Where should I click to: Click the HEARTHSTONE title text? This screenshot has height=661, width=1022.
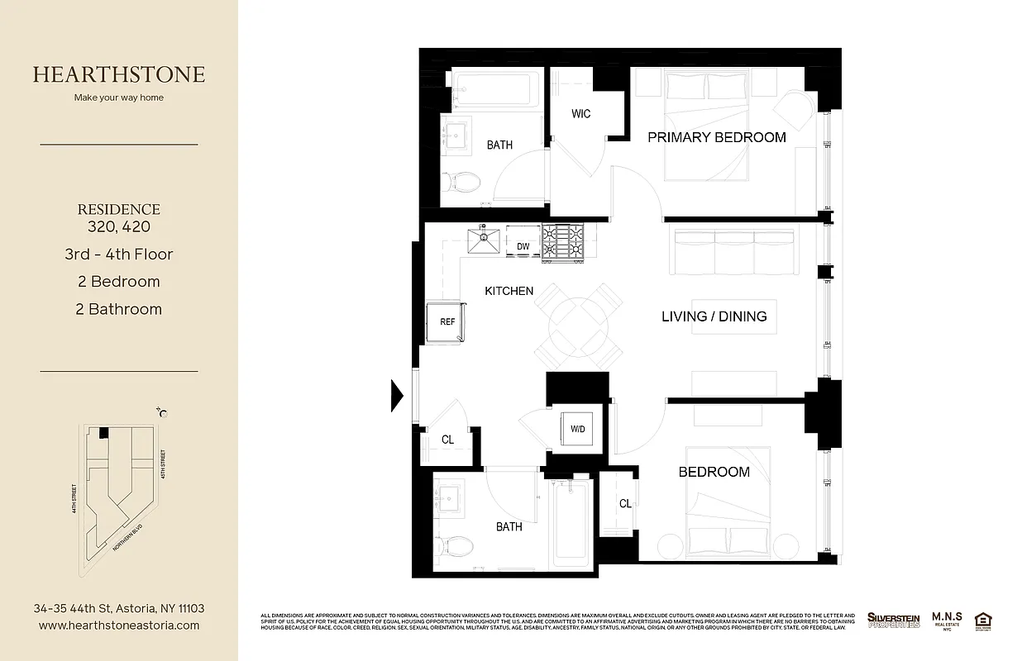[119, 74]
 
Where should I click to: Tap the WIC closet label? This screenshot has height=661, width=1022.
[580, 114]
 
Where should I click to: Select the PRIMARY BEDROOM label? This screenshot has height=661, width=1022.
[716, 137]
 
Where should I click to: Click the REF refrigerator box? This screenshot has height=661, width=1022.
[446, 322]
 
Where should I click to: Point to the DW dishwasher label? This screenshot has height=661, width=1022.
[523, 246]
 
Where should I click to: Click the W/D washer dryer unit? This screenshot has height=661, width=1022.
[578, 429]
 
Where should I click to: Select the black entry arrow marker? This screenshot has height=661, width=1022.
[397, 395]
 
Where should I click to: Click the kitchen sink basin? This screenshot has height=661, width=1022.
[483, 242]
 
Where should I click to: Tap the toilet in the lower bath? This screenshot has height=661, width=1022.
[456, 544]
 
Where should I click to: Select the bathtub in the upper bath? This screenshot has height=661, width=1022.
[495, 88]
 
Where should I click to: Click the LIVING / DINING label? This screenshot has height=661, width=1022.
[714, 316]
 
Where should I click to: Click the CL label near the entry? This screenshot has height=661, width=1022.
[447, 440]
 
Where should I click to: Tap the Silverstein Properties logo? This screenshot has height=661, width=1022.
[893, 620]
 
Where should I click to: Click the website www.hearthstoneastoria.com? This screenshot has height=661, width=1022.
[119, 625]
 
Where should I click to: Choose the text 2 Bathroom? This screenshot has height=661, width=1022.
[119, 309]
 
